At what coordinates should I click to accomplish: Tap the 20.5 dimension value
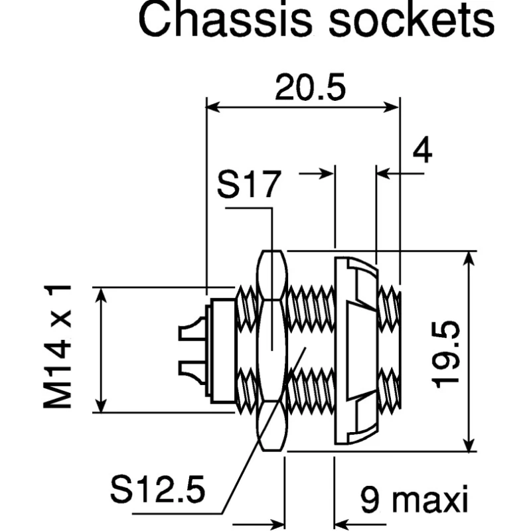point(310,88)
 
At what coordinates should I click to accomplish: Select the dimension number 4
point(423,149)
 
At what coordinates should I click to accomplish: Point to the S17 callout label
point(249,185)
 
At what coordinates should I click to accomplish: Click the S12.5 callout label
point(158,489)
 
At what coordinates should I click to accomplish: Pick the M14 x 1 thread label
point(58,346)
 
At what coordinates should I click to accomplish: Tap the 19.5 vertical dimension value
point(445,354)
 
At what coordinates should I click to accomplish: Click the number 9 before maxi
point(370,499)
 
